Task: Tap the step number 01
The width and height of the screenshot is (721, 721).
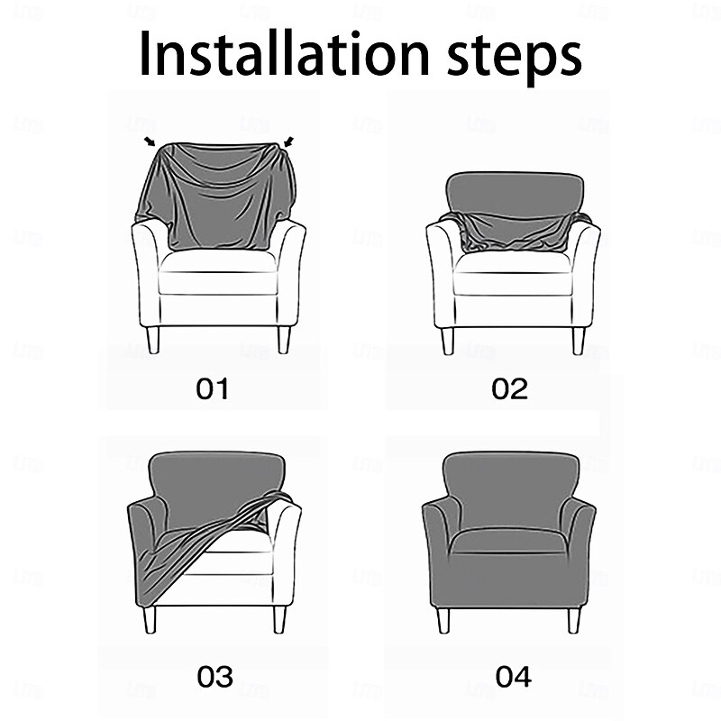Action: (x=213, y=389)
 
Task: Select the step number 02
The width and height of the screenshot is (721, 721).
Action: (x=509, y=389)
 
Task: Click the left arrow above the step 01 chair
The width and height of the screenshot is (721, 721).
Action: (x=149, y=141)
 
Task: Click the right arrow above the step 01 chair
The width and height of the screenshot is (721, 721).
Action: (x=288, y=141)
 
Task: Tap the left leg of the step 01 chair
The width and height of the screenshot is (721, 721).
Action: (x=153, y=339)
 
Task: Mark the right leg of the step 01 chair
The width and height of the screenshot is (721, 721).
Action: (x=285, y=339)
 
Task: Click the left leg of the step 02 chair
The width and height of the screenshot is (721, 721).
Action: (x=446, y=340)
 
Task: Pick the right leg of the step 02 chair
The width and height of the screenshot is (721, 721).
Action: (x=578, y=340)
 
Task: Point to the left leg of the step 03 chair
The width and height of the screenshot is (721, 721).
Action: (x=150, y=618)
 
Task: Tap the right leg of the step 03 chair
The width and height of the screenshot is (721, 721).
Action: (x=280, y=618)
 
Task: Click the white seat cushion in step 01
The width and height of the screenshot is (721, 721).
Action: (x=218, y=262)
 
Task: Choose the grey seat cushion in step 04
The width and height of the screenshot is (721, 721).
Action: (x=508, y=541)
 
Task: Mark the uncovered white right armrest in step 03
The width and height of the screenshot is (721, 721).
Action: (x=287, y=550)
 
